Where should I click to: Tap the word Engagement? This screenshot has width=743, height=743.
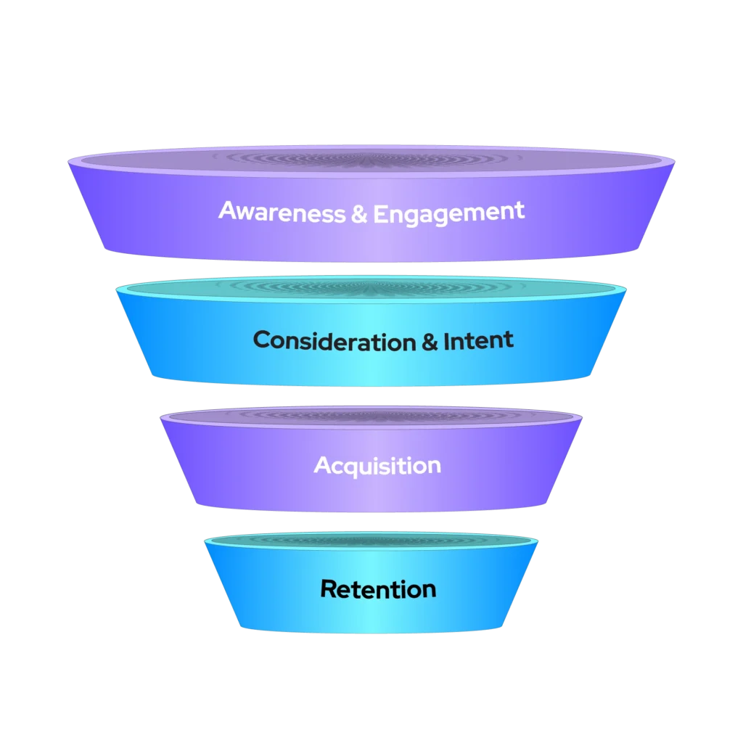(448, 213)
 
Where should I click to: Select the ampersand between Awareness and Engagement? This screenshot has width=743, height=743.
(358, 212)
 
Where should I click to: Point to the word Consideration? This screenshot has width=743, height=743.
(334, 340)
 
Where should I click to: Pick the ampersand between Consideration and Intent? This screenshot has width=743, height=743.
(430, 340)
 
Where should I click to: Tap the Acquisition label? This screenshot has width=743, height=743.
(377, 466)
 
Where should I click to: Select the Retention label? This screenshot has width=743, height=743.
(378, 588)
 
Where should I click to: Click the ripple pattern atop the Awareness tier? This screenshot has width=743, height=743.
(371, 157)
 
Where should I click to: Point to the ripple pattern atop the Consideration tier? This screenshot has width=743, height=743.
(371, 287)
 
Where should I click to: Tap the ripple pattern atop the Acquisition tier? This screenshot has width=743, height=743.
(371, 415)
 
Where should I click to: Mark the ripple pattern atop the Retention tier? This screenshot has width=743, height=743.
(371, 540)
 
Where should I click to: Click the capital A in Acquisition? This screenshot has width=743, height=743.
(322, 465)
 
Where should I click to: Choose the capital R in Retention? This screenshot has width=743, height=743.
(329, 588)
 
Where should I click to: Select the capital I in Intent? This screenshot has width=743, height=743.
(446, 340)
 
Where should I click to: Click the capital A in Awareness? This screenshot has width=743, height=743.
(227, 211)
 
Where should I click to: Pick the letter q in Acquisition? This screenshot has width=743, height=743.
(352, 468)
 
